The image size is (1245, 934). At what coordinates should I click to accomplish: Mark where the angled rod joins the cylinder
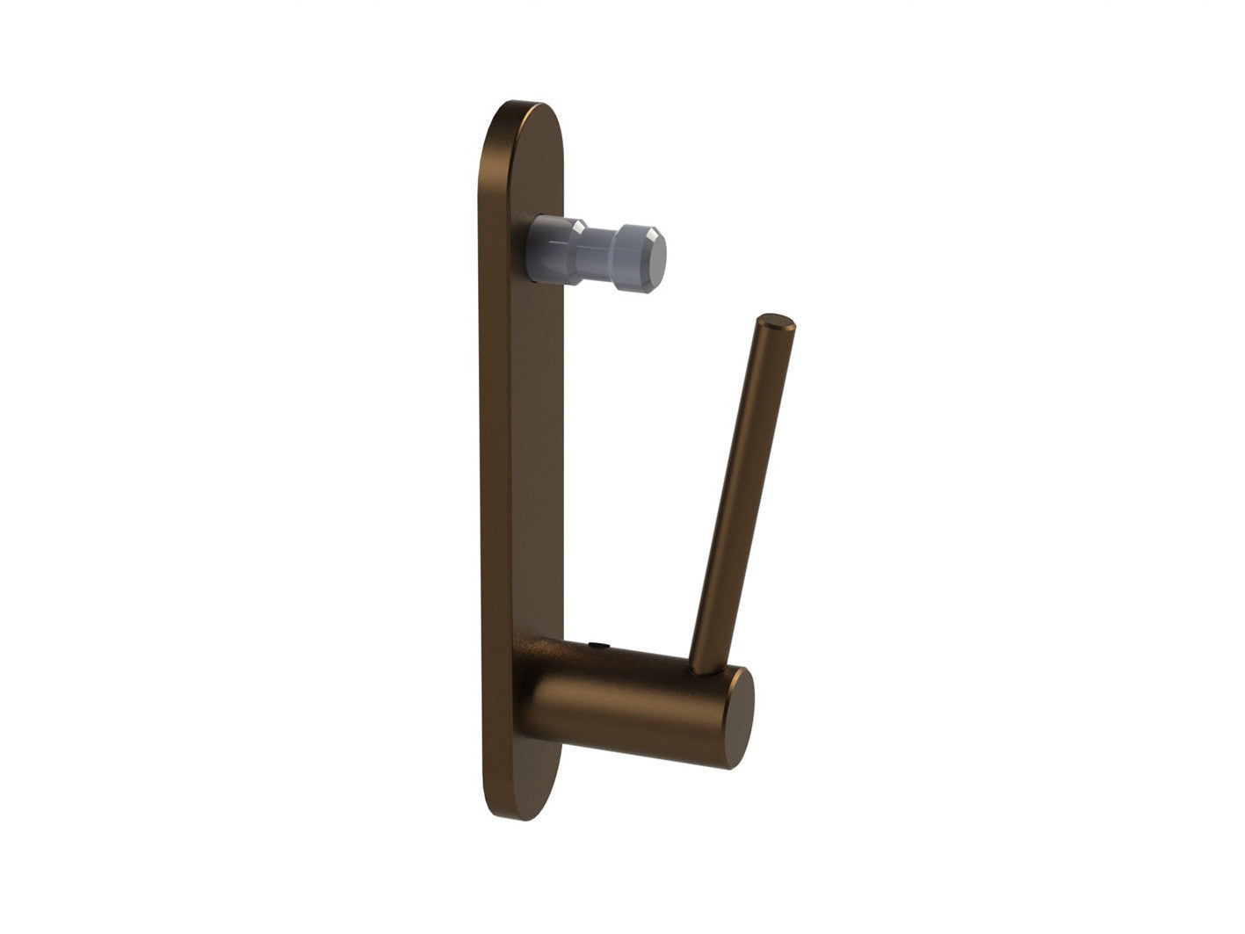703,670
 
